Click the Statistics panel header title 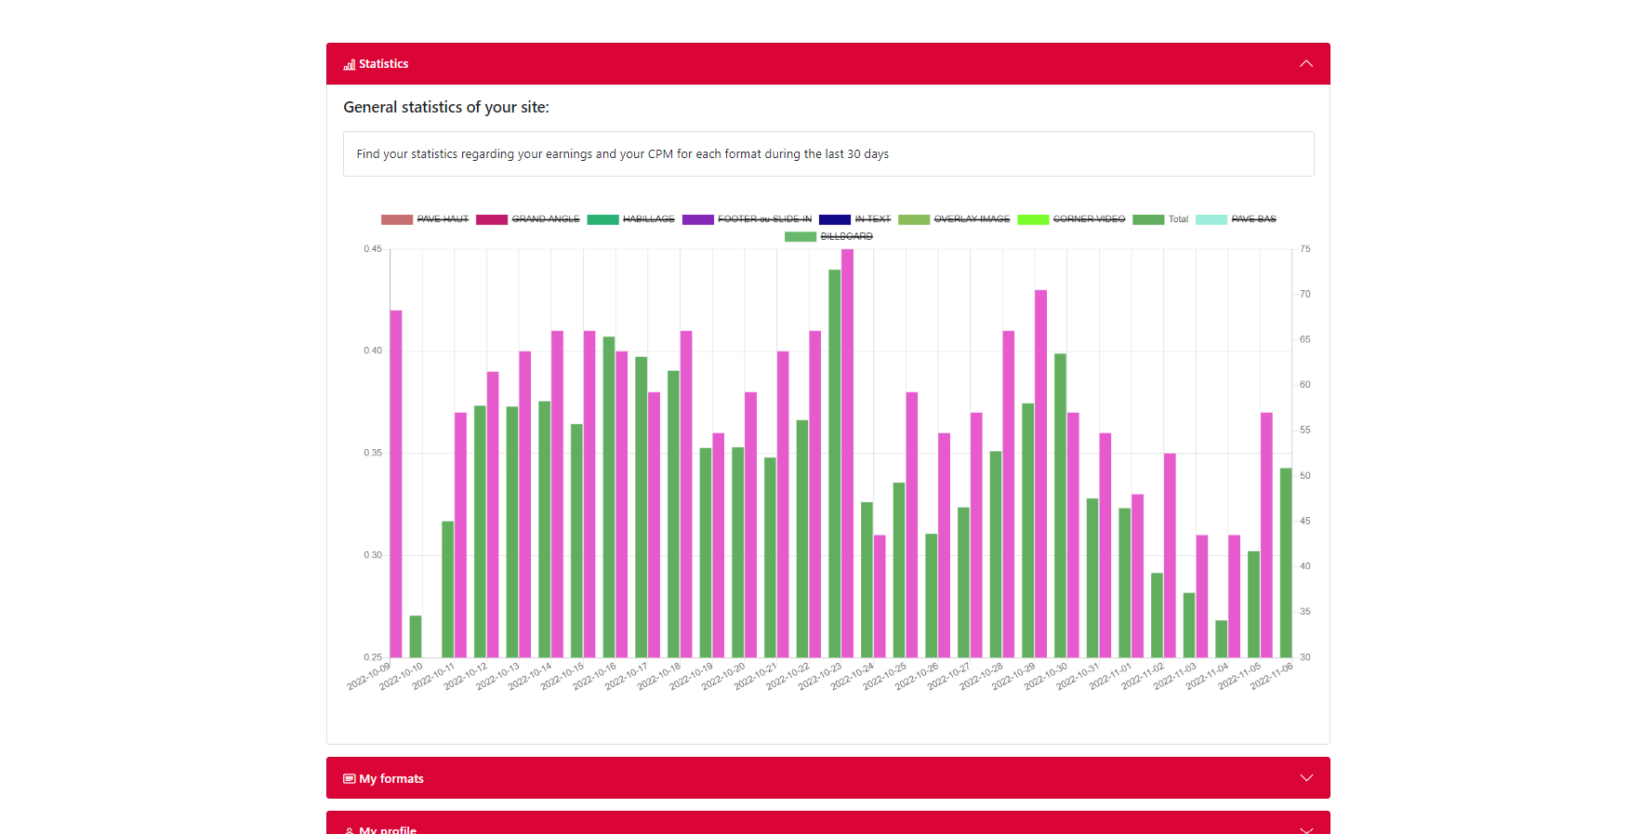click(383, 64)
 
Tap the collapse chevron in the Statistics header click(1306, 64)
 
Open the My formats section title click(390, 779)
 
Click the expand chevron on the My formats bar click(1306, 778)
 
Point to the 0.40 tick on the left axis click(373, 351)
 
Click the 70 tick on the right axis click(1305, 295)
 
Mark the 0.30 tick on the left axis click(373, 555)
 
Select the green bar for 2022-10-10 click(416, 636)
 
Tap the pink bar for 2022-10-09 click(396, 483)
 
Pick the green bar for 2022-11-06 click(1286, 563)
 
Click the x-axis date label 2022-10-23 click(821, 676)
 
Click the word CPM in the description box click(660, 154)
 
